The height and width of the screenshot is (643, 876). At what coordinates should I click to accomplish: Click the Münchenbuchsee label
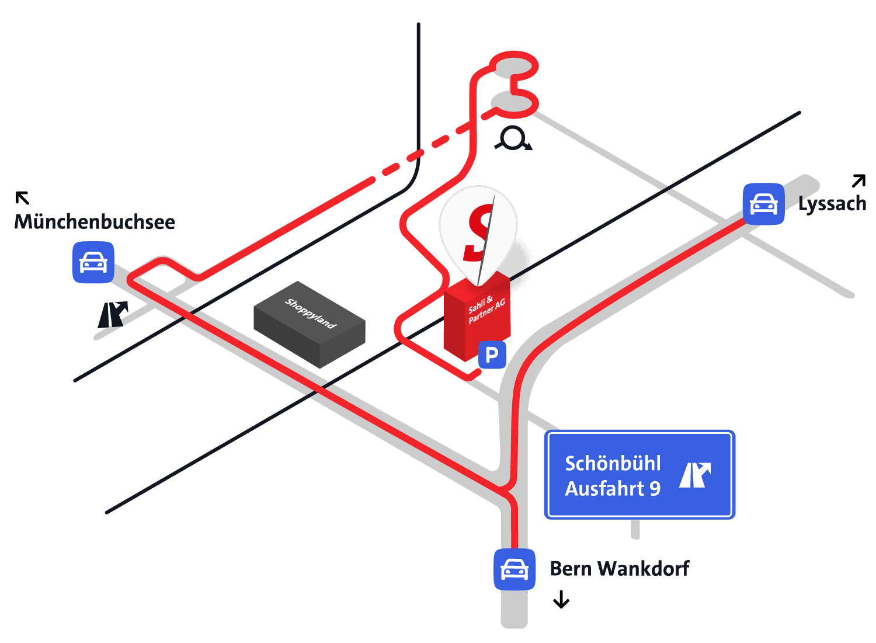click(x=95, y=222)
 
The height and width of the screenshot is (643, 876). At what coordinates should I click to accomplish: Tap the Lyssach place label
click(x=832, y=204)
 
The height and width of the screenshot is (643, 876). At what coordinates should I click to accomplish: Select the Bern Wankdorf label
click(x=620, y=569)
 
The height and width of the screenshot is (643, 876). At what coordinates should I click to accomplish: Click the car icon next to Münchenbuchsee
click(x=93, y=262)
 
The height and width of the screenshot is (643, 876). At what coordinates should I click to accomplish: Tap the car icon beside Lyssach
click(x=763, y=204)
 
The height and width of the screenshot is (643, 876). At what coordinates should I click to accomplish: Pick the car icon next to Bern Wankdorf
click(x=515, y=570)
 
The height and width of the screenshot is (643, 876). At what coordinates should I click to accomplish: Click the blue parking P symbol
click(x=492, y=355)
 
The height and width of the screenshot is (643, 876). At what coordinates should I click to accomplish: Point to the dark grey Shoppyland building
click(x=310, y=325)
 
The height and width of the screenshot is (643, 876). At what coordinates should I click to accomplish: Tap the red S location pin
click(x=478, y=235)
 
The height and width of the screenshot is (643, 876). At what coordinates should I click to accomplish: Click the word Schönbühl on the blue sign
click(x=613, y=464)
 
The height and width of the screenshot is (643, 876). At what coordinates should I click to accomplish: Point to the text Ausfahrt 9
click(x=613, y=489)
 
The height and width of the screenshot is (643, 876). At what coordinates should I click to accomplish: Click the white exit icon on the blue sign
click(x=695, y=475)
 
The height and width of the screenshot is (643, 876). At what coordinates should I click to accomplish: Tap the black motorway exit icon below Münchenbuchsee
click(x=113, y=314)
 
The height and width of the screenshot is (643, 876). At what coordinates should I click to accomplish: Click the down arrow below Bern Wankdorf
click(x=561, y=599)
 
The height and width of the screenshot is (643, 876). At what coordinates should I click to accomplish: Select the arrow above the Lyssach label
click(x=859, y=180)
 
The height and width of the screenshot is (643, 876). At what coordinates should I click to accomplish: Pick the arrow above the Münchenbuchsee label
click(x=22, y=198)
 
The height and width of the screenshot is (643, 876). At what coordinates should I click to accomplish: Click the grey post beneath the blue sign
click(x=635, y=529)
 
